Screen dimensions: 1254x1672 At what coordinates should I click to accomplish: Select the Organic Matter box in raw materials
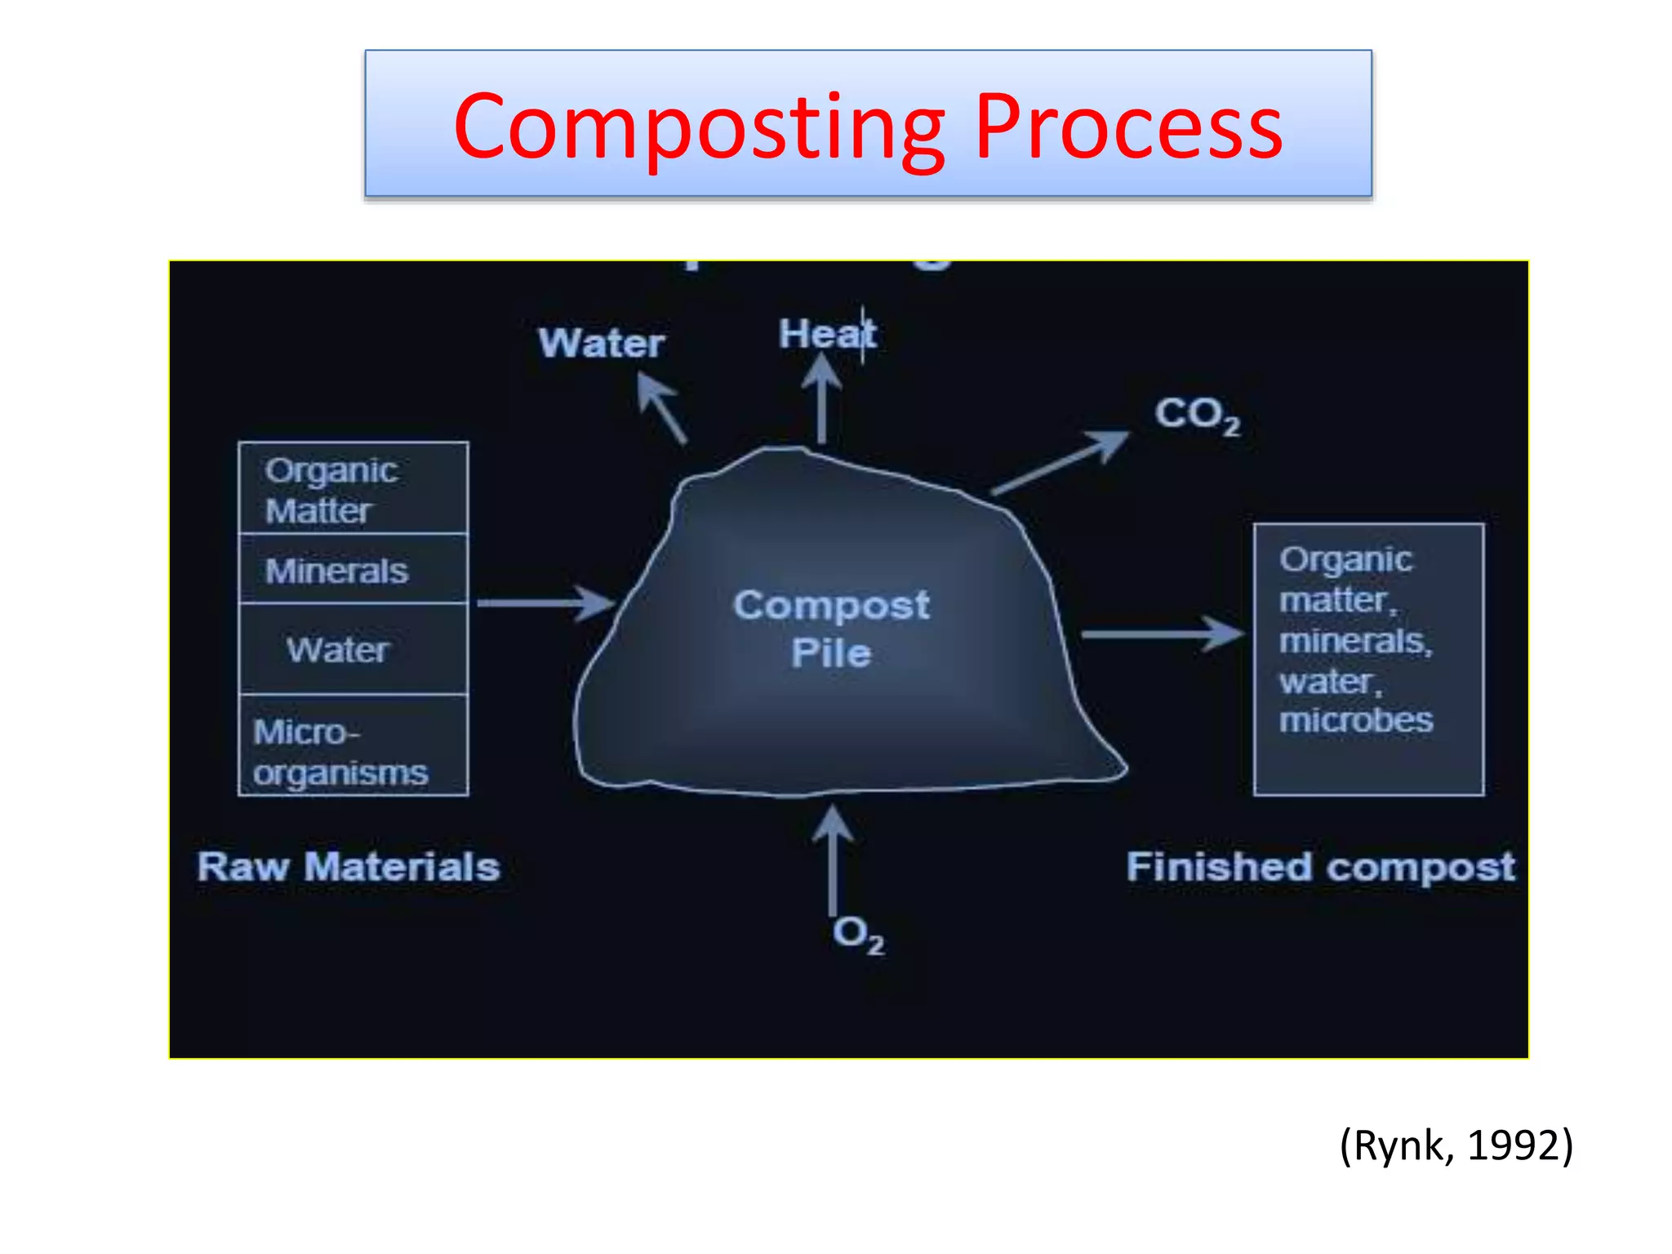[x=353, y=488]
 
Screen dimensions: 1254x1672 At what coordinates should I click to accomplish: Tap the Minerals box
[x=353, y=569]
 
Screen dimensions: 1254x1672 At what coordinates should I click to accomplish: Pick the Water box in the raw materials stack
[x=353, y=649]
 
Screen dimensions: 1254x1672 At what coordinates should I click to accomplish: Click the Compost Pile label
[x=831, y=629]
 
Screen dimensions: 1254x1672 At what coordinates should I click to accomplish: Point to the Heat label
[x=826, y=334]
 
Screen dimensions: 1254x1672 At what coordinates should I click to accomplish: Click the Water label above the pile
[x=602, y=343]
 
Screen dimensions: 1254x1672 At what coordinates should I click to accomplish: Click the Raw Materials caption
[x=349, y=866]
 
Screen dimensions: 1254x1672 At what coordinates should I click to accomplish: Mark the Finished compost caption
[x=1320, y=866]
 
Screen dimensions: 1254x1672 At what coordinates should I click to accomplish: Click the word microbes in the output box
[x=1355, y=720]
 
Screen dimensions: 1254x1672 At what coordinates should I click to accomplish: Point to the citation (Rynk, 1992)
[x=1456, y=1145]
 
